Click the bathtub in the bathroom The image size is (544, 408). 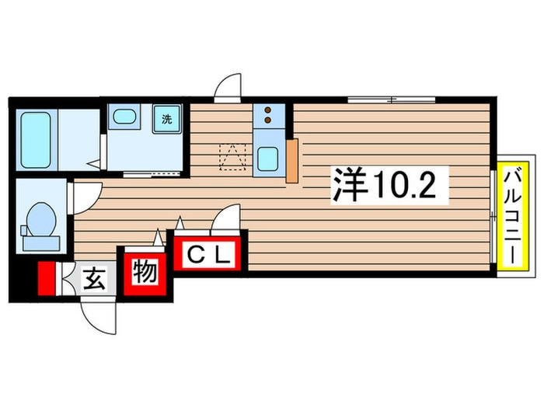tap(36, 140)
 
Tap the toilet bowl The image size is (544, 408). tap(41, 219)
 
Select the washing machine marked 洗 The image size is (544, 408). tap(167, 119)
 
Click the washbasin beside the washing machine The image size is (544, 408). tap(124, 117)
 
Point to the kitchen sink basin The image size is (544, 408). tap(267, 159)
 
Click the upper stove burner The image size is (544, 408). tap(267, 110)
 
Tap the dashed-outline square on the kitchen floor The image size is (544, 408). tap(232, 157)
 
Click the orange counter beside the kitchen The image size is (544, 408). tap(291, 161)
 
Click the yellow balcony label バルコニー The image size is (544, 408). tap(513, 214)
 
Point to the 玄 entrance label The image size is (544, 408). tap(94, 280)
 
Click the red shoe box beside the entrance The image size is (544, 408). tap(47, 278)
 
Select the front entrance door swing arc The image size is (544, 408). tap(99, 316)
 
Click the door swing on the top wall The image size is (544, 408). tap(228, 85)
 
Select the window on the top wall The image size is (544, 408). tap(392, 100)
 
